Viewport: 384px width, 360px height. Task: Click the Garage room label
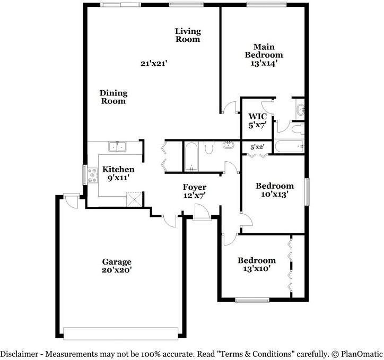[x=117, y=262]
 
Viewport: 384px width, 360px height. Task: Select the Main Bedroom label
[x=264, y=51]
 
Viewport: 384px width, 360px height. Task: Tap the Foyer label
[x=195, y=187]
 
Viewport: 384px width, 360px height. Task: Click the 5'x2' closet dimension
[x=257, y=147]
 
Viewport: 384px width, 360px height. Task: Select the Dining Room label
[x=114, y=96]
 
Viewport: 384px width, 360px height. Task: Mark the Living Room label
[x=188, y=35]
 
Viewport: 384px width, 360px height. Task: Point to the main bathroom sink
[x=301, y=111]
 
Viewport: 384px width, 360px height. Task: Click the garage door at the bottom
[x=121, y=332]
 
